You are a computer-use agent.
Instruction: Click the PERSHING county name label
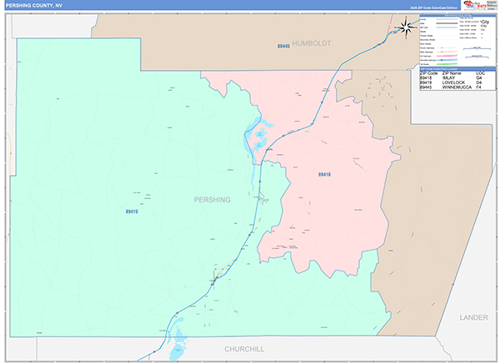(212, 200)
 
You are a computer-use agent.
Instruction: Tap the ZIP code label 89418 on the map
(324, 174)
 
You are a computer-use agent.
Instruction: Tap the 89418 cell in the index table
(426, 78)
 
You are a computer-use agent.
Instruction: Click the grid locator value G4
(480, 78)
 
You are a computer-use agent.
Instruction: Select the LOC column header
(481, 73)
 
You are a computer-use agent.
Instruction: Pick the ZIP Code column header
(427, 73)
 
